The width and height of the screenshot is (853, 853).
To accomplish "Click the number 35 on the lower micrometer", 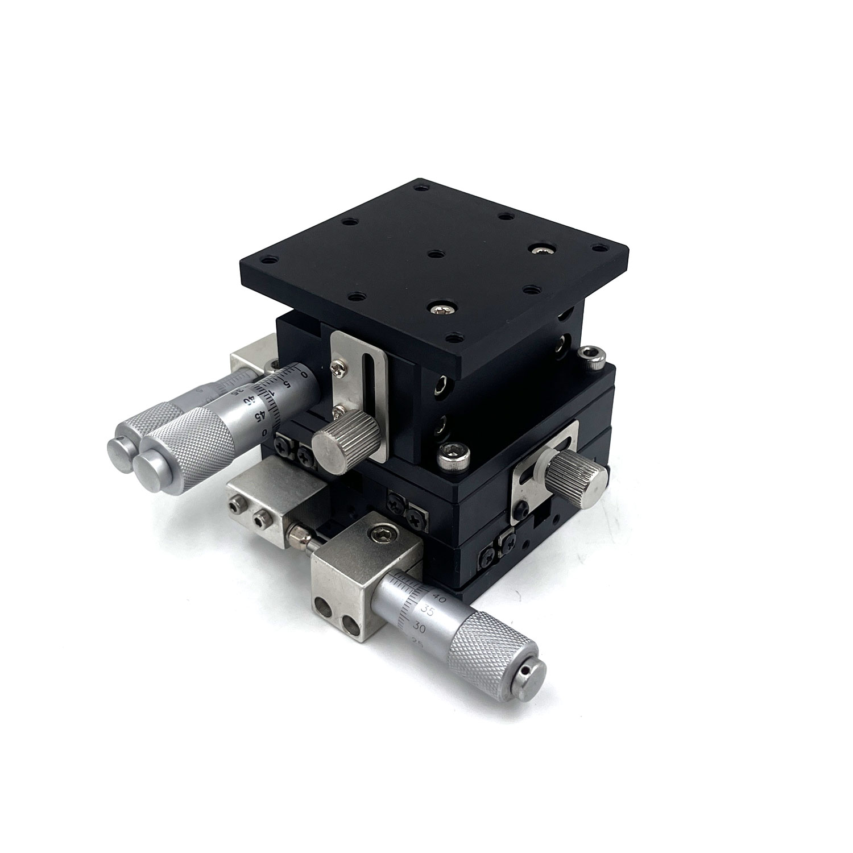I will (x=429, y=610).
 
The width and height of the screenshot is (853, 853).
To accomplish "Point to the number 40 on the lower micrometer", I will (x=438, y=597).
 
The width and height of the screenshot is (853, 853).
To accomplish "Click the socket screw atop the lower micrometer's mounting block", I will (x=379, y=532).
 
